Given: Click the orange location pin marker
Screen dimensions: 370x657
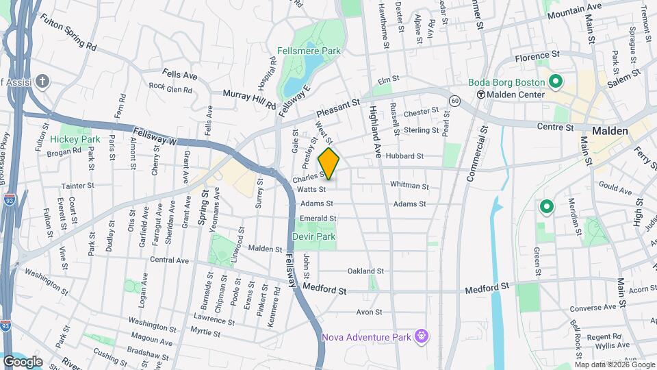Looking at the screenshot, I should (328, 164).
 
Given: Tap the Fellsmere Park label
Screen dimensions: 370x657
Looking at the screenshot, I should (309, 51).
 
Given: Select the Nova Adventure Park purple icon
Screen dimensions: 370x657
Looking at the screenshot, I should (422, 336).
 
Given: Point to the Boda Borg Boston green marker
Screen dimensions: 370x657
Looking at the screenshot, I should (556, 83).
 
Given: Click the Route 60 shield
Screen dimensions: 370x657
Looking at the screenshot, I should (455, 101).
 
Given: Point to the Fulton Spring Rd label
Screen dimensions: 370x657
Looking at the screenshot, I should (68, 32).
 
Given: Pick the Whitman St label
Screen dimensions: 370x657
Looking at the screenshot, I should (409, 186).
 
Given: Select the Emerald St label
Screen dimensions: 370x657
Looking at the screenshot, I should (318, 219).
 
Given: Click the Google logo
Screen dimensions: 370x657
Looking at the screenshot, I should (23, 361).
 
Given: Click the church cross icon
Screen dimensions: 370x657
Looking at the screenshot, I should (42, 82).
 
